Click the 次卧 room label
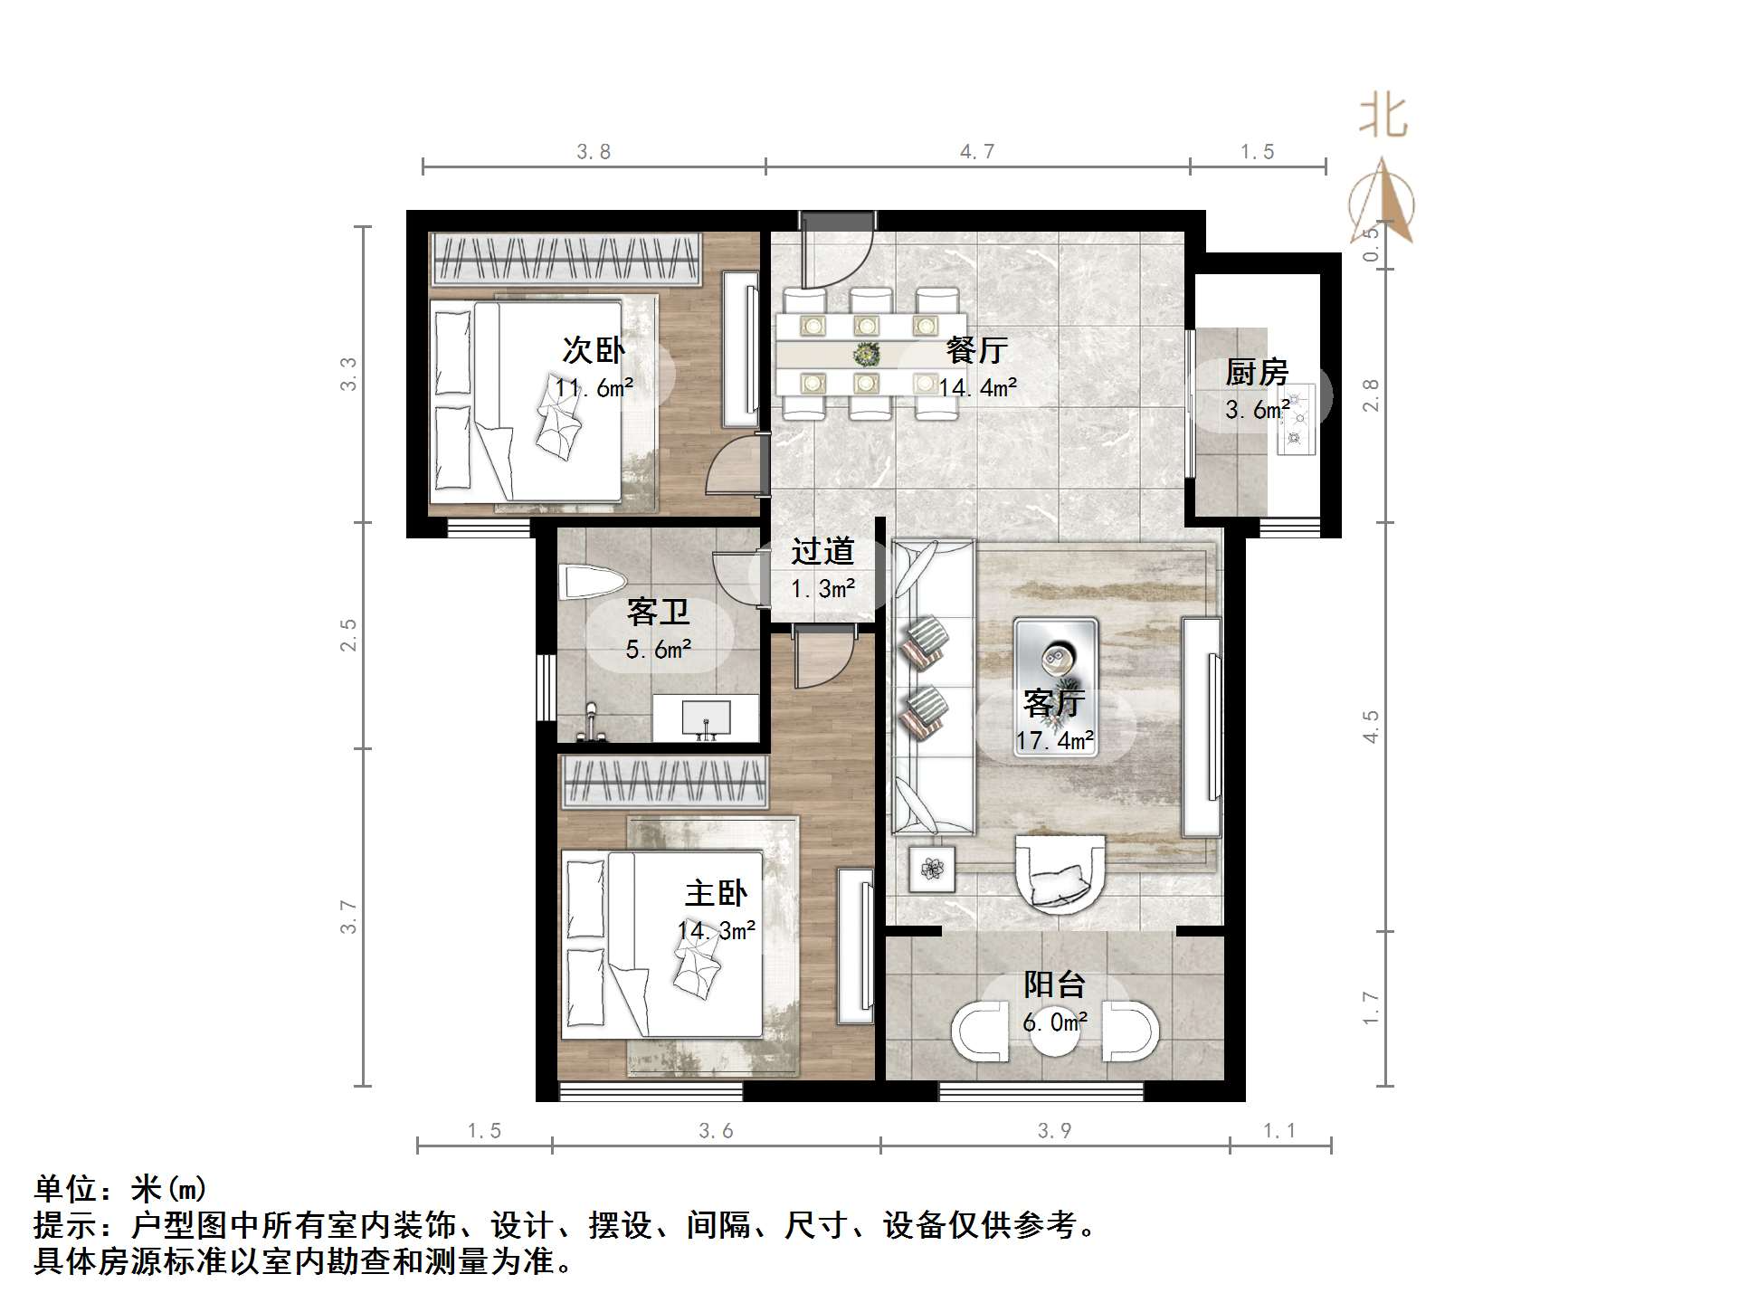tap(594, 349)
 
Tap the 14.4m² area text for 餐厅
tap(978, 388)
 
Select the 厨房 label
tap(1257, 372)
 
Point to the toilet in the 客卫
tap(592, 581)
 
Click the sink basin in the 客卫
tap(706, 719)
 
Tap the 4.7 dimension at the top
tap(977, 152)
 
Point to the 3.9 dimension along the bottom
tap(1054, 1131)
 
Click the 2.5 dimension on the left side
tap(348, 635)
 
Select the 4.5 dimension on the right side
tap(1372, 727)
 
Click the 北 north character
tap(1383, 118)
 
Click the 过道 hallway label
tap(822, 551)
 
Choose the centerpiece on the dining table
tap(868, 353)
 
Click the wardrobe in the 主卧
tap(664, 782)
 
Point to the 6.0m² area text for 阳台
tap(1055, 1022)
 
